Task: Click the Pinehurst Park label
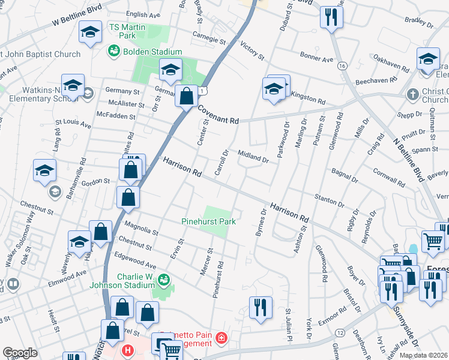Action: [x=208, y=221]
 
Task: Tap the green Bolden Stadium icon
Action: [x=113, y=52]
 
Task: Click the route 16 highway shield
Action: [x=342, y=65]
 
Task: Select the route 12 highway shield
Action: [x=340, y=332]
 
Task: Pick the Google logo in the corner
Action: [x=20, y=353]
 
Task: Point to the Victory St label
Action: [x=252, y=50]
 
